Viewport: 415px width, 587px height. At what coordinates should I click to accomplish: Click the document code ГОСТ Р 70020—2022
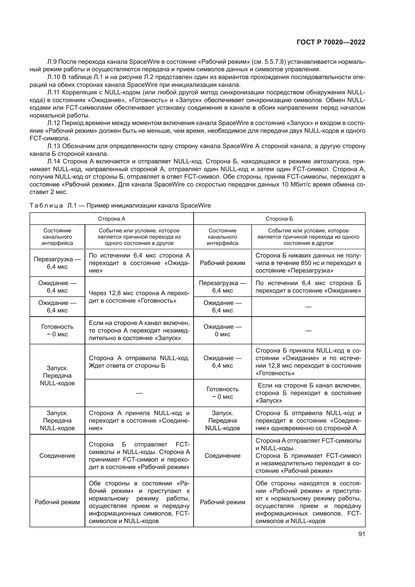tap(331, 42)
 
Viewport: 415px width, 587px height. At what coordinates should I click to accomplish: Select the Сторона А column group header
tap(111, 219)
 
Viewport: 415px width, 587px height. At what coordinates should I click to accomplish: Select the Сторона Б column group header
tap(279, 219)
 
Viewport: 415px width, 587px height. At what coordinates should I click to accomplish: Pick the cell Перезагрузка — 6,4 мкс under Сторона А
tap(57, 263)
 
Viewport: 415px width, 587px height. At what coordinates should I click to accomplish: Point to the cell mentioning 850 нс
tap(308, 263)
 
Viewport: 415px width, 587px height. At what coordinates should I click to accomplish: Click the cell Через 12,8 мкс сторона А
tap(139, 297)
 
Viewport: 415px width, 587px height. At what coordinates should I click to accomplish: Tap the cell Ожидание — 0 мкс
tap(222, 330)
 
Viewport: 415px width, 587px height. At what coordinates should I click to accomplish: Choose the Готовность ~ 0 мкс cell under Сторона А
tap(57, 330)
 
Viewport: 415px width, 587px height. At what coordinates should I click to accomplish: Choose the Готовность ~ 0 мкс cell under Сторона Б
tap(222, 393)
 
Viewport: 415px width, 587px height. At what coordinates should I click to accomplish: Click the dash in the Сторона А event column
tap(139, 393)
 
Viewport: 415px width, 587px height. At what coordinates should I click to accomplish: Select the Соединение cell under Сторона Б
tap(222, 455)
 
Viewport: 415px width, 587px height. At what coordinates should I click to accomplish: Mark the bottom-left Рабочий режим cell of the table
tap(57, 502)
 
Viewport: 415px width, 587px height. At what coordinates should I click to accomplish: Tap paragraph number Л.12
tap(54, 123)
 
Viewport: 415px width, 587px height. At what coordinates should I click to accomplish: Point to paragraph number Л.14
tap(54, 162)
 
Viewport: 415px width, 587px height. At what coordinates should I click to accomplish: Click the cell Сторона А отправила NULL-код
tap(139, 361)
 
